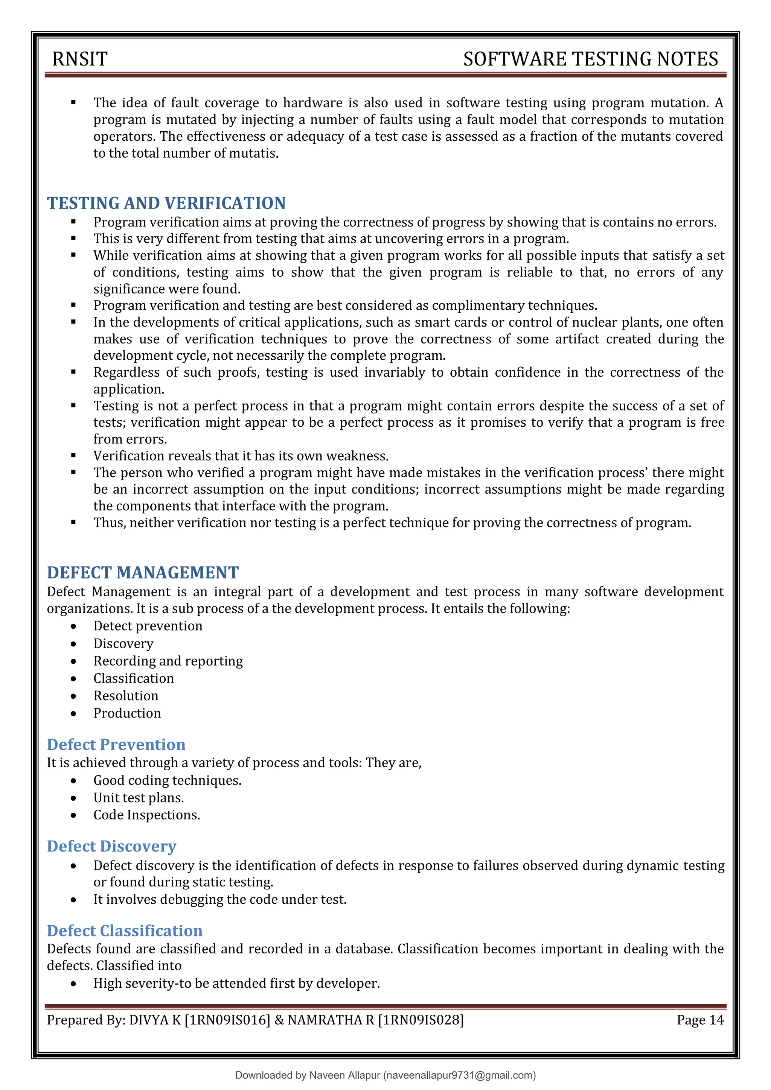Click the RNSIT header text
[x=80, y=59]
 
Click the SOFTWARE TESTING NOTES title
[x=590, y=59]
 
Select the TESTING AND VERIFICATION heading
[x=166, y=203]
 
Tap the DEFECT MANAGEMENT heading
[x=143, y=573]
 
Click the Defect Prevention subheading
[x=116, y=744]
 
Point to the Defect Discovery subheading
[x=112, y=846]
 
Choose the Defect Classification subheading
[x=125, y=930]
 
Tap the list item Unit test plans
[x=138, y=798]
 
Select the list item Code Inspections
[x=146, y=815]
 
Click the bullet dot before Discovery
[x=73, y=644]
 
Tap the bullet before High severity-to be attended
[x=73, y=984]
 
